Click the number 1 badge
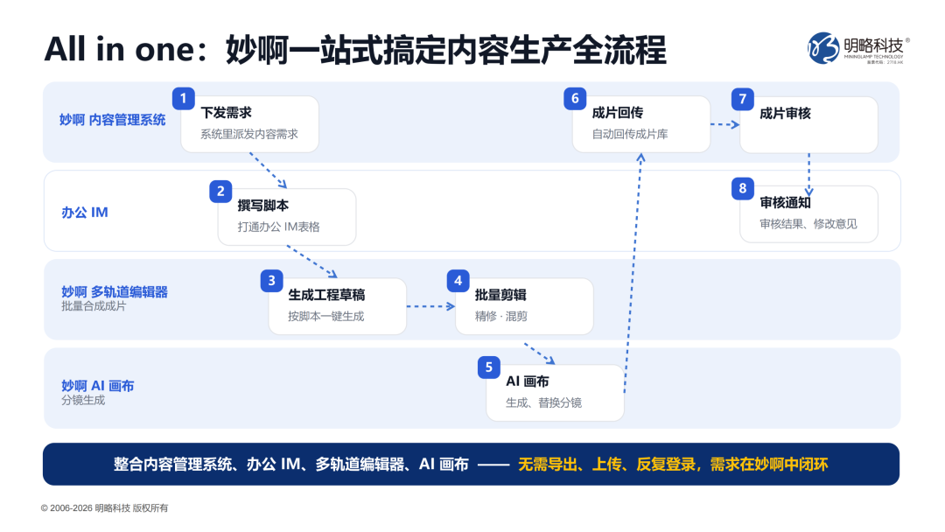183,98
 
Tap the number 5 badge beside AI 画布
489,367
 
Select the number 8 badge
743,189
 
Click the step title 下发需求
226,113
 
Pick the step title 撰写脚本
262,206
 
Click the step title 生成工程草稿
326,295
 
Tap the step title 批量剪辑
500,295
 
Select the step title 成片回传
617,113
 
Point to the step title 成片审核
785,113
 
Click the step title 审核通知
785,202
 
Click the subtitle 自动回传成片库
630,134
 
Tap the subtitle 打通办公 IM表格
278,227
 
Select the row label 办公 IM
84,212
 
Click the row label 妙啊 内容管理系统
112,120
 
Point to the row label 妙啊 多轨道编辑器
115,291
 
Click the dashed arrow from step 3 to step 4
430,306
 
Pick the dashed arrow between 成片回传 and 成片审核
725,125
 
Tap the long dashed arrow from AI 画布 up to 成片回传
633,273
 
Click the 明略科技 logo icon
823,48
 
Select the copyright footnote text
104,507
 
